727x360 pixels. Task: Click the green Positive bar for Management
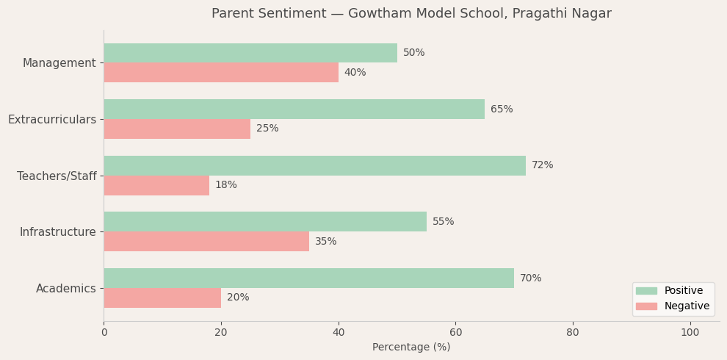point(250,53)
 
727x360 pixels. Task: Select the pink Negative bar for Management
point(220,73)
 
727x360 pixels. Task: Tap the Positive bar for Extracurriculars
point(294,109)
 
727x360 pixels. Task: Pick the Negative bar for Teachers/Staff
point(156,185)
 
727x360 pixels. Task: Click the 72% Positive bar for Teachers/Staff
point(314,165)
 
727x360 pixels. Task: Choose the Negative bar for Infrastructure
point(206,242)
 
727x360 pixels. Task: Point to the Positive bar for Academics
point(308,278)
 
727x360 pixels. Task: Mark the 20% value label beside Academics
point(238,298)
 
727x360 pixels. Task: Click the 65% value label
point(502,109)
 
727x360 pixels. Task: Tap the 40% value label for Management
point(355,73)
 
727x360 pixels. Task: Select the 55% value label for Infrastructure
point(443,222)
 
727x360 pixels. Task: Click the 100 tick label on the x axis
point(690,333)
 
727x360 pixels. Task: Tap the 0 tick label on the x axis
point(104,333)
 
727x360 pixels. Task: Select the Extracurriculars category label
point(52,120)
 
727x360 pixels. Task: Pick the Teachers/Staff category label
point(57,176)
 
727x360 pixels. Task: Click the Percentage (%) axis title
point(411,348)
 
